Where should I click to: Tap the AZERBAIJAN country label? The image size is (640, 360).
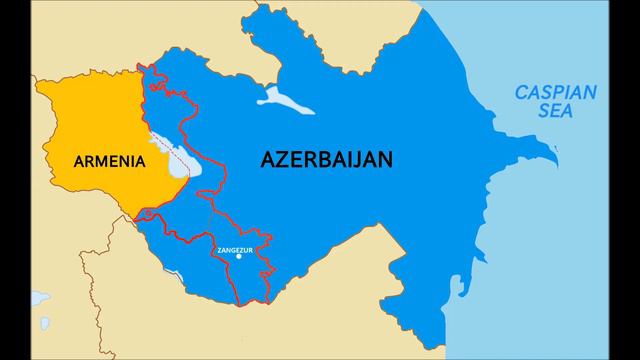(x=326, y=159)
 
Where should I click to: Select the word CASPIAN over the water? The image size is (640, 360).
(x=555, y=94)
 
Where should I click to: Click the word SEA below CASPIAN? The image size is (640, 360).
(x=555, y=113)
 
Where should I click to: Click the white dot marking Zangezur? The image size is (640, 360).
(x=238, y=256)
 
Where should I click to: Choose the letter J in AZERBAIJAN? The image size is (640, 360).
(x=358, y=159)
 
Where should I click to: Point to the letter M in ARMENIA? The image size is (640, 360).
(x=101, y=161)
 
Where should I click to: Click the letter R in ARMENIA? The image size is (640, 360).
(x=88, y=161)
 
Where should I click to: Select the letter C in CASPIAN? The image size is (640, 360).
(x=521, y=94)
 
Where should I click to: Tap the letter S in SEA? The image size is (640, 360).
(x=541, y=113)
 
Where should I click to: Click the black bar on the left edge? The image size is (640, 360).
(x=16, y=180)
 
